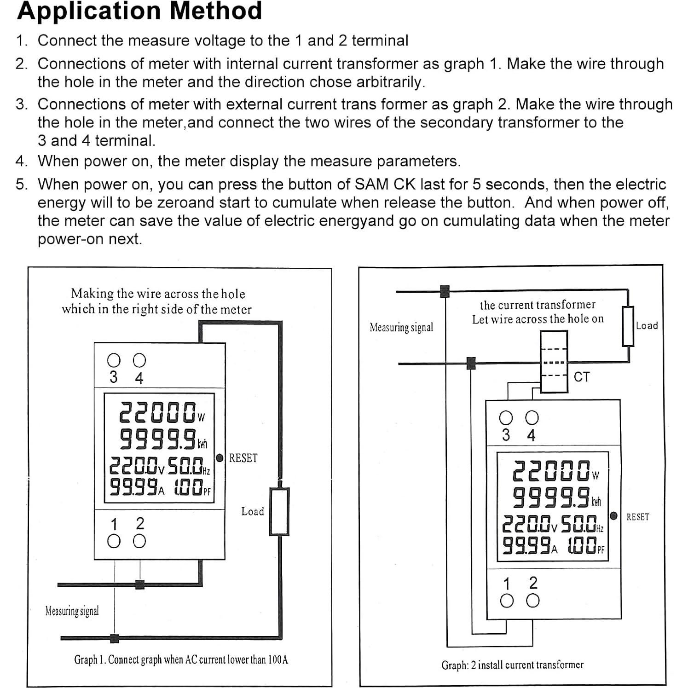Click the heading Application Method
139,11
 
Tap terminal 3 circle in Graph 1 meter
113,360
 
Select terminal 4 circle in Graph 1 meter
139,360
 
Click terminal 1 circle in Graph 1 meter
114,541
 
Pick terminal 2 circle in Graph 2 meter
533,601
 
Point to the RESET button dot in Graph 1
220,458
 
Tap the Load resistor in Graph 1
279,512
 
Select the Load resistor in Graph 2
628,326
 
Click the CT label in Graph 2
581,377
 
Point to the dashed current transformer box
554,362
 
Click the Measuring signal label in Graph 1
72,611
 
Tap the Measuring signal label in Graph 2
401,327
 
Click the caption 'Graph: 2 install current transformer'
512,665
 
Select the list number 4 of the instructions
21,162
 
